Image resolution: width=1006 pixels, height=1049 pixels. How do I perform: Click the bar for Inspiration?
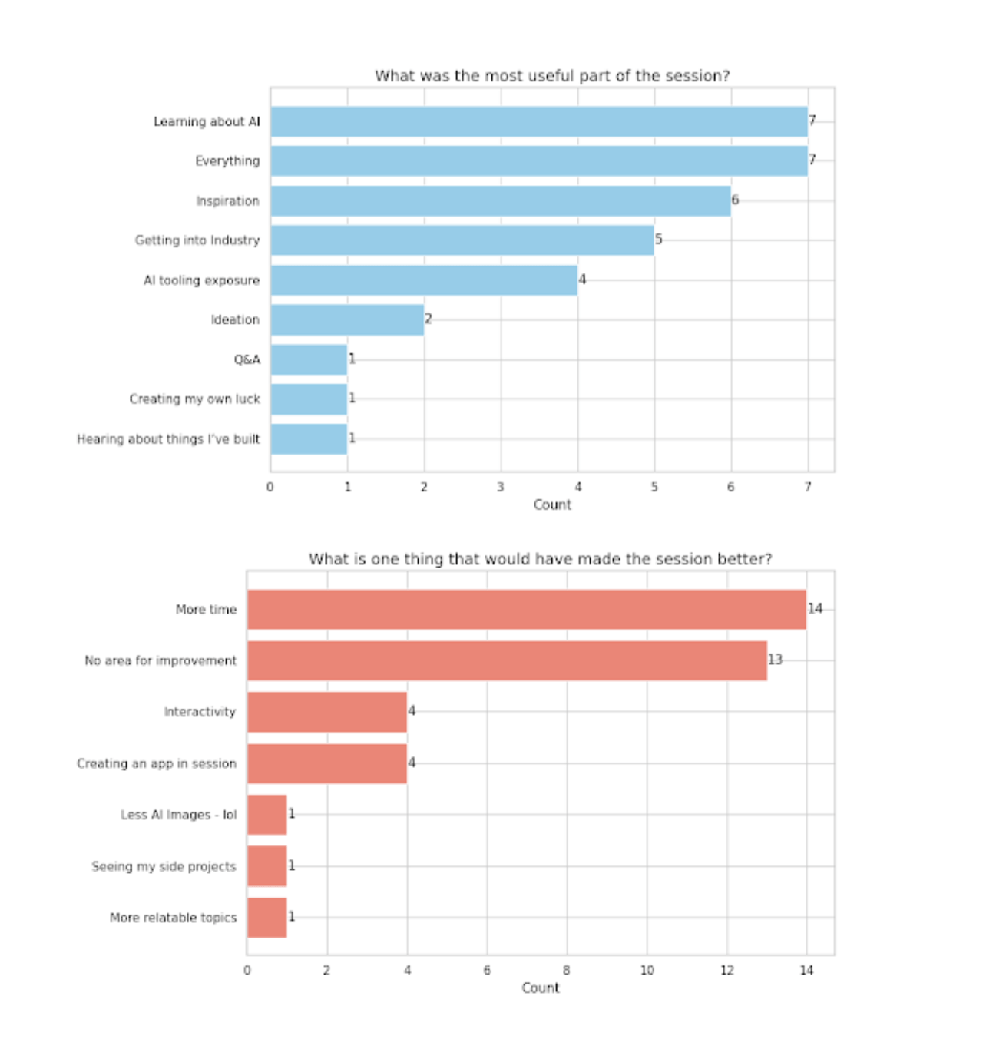point(500,201)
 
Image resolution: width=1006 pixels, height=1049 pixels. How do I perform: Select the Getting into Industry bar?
point(462,240)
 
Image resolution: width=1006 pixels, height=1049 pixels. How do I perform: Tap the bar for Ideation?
point(347,319)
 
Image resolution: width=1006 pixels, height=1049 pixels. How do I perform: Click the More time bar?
point(526,610)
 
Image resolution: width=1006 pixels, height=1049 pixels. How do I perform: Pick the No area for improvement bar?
point(507,660)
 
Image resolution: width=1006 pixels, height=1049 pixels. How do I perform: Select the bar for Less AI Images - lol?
point(266,815)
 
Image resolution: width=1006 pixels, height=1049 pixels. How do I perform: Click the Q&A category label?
point(247,359)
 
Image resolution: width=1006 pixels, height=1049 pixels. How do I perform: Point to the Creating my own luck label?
point(194,399)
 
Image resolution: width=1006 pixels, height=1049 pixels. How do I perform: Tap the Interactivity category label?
point(200,712)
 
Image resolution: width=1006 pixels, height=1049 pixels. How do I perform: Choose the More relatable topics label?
point(173,918)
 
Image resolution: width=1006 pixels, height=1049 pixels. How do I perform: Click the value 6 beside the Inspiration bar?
point(735,200)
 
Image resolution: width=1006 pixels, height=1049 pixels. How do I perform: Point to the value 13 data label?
point(775,660)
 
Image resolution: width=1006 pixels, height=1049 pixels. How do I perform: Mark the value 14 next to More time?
point(815,608)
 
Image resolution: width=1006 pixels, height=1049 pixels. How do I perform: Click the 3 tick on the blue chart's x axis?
point(501,487)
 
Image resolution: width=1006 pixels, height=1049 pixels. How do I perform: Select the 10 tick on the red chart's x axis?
point(647,971)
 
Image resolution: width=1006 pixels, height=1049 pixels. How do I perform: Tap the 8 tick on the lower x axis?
point(567,971)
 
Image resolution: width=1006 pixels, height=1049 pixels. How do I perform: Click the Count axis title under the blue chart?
point(552,505)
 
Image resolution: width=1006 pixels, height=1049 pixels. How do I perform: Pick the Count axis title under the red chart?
point(540,988)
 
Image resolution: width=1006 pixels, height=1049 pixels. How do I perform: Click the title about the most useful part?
point(552,76)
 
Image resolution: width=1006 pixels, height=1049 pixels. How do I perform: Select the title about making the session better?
point(540,559)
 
